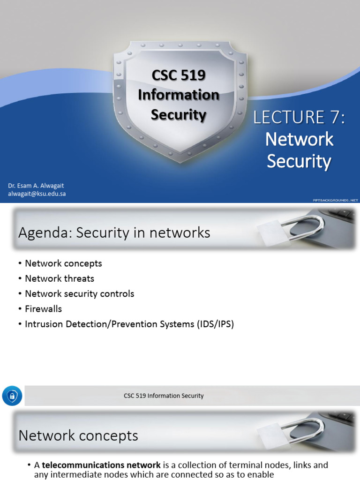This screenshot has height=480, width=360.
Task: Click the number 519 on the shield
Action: [193, 75]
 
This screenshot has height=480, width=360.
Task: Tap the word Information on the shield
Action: [178, 95]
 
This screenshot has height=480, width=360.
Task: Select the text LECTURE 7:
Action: [299, 118]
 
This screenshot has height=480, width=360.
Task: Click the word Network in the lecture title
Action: [299, 139]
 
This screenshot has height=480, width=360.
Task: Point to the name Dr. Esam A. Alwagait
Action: [36, 186]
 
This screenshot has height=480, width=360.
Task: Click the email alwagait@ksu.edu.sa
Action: [37, 194]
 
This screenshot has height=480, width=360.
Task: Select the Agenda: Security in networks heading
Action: [114, 232]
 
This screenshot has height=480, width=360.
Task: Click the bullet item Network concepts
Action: [63, 263]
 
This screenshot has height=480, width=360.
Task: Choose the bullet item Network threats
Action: [60, 278]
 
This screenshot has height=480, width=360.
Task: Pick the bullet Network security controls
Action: [80, 294]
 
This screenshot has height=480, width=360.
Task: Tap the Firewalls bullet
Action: [44, 309]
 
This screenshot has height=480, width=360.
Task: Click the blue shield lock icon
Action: [11, 396]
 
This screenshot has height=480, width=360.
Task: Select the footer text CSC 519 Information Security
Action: [164, 396]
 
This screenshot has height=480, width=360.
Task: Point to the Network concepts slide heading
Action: [78, 436]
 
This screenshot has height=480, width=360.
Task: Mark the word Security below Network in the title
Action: [299, 161]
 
